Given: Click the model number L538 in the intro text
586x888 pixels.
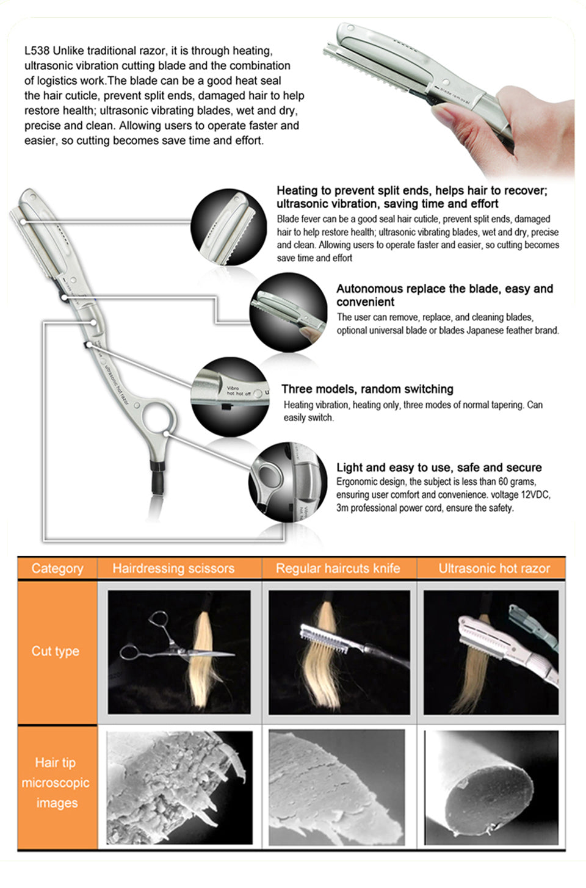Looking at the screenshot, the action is point(37,51).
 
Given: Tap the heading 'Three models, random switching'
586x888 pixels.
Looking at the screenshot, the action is point(367,389).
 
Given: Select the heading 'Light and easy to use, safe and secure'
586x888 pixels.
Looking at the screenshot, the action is point(439,467).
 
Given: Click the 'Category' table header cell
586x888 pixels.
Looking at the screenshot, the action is point(57,568).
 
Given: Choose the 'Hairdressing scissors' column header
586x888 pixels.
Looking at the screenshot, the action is point(173,568).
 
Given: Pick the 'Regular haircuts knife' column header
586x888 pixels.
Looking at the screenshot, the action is point(338,568).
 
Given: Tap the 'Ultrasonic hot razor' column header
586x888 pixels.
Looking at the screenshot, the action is point(494,568).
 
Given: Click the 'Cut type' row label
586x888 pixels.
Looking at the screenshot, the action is point(56,651).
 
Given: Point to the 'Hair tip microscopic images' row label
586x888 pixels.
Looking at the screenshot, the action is point(56,782).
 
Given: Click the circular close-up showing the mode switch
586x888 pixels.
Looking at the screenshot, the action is point(230,397).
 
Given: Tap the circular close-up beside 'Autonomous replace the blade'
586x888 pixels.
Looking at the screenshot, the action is point(288,312).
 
